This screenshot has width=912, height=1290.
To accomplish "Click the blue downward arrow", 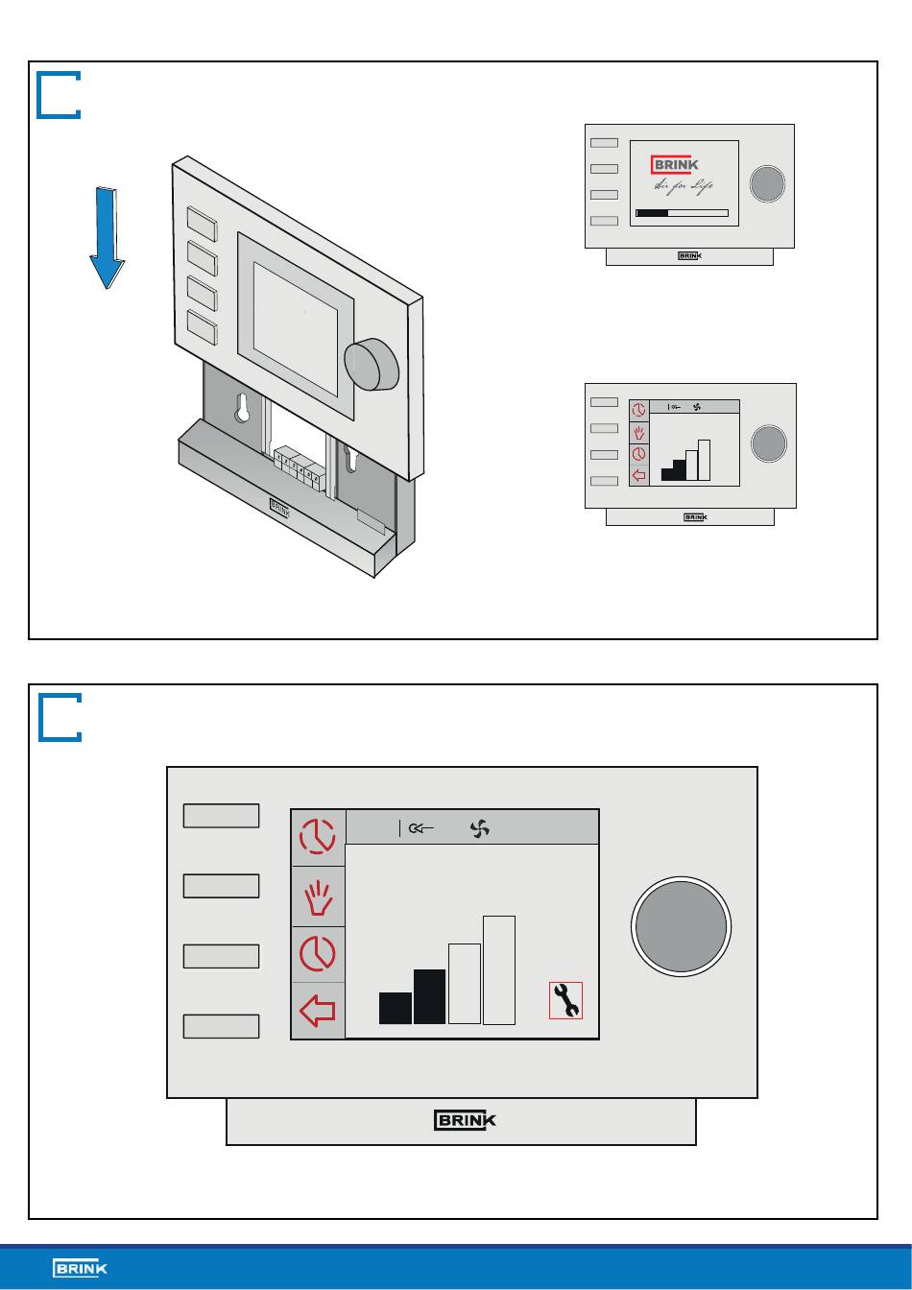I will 108,238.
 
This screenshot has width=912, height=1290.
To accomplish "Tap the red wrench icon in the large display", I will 565,1000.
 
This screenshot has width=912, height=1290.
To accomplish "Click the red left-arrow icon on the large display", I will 318,1011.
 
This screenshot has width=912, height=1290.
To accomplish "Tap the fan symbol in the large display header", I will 480,828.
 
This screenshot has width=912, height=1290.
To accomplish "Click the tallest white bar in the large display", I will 499,969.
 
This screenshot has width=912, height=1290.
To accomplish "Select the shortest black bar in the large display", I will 396,1008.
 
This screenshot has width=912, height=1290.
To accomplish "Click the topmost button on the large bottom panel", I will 221,816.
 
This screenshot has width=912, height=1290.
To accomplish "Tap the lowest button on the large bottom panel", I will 221,1026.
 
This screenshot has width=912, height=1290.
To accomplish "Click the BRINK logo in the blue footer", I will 81,1269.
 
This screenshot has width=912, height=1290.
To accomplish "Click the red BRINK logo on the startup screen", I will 675,164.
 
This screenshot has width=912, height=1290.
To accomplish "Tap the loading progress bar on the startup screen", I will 682,213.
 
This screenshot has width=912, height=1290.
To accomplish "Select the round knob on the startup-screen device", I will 767,183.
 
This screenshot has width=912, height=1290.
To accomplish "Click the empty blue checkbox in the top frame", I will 59,94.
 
